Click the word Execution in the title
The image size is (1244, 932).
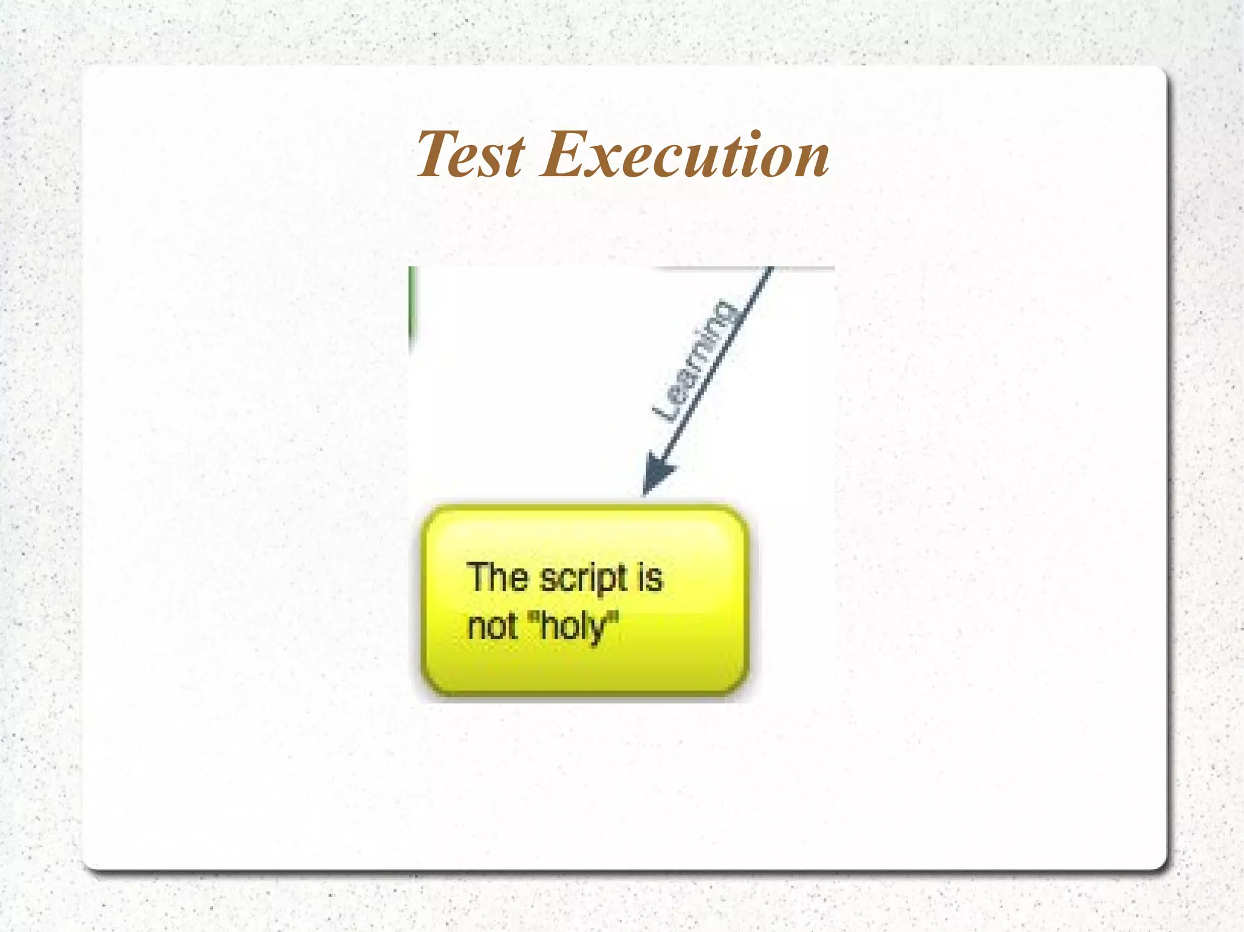point(685,155)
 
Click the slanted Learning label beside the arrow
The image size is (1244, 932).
point(697,361)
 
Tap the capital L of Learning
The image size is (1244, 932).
point(666,410)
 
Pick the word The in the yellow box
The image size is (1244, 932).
point(497,577)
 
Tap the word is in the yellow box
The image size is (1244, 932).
point(649,577)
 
